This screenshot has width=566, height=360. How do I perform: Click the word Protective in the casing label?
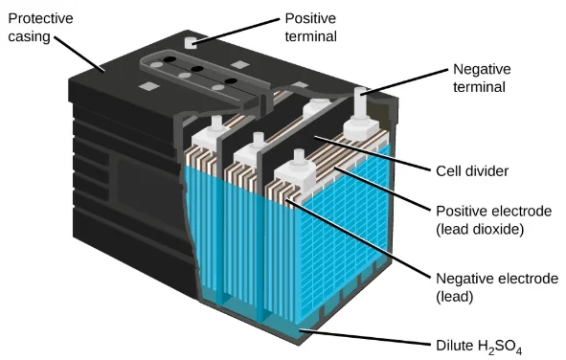point(40,18)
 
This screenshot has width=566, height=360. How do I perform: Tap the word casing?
point(29,37)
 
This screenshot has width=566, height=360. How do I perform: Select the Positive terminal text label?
point(311,28)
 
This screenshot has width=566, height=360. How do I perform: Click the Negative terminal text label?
point(482,78)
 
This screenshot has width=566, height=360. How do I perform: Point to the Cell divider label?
point(472,171)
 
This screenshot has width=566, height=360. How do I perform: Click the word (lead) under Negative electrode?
point(455,297)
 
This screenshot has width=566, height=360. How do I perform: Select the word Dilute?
point(455,346)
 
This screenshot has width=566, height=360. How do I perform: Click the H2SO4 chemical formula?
point(500,347)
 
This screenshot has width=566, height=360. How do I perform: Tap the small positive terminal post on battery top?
point(191,42)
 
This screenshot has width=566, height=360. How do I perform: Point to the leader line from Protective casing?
point(79,54)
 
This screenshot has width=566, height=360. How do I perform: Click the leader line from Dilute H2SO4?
point(366,338)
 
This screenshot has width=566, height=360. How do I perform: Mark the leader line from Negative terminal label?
point(404,81)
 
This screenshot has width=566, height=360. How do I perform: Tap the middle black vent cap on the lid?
point(197,69)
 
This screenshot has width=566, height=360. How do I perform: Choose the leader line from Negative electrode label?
point(359,239)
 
